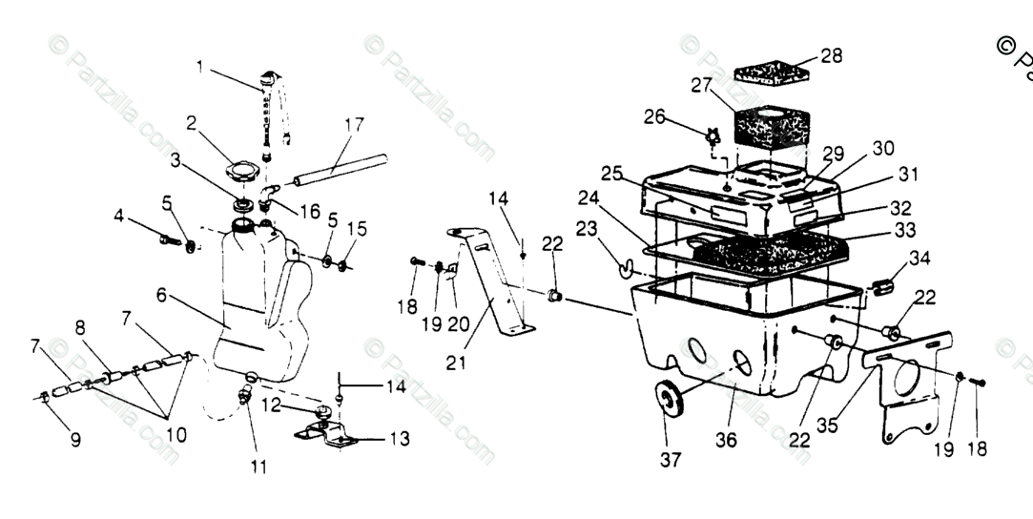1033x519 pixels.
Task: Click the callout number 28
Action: (x=832, y=55)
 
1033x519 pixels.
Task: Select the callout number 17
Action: (x=354, y=124)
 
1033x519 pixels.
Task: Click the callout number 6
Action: (x=162, y=296)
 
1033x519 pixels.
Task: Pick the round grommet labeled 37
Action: (x=669, y=398)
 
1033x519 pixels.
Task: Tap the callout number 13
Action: (x=400, y=439)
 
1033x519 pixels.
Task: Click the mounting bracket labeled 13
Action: (x=329, y=435)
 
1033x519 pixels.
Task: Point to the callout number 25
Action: (x=611, y=174)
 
